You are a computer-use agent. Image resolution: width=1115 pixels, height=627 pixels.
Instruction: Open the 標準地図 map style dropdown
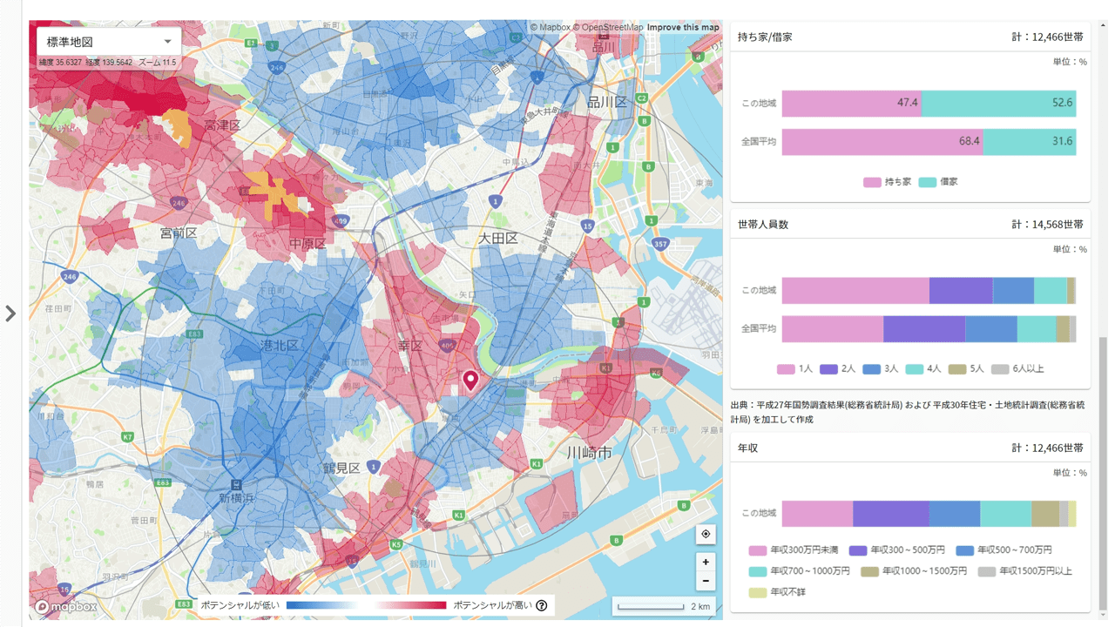click(109, 42)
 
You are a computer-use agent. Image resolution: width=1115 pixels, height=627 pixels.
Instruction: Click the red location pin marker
click(470, 381)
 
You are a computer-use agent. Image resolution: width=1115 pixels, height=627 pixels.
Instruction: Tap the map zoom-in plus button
click(706, 562)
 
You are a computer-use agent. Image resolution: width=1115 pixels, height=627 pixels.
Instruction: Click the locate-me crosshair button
click(706, 534)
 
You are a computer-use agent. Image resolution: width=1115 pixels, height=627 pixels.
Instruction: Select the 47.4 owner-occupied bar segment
click(851, 103)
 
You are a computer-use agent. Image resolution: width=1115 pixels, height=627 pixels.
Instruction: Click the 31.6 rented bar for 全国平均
click(1030, 141)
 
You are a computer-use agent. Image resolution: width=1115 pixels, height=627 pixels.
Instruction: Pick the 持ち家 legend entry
click(886, 182)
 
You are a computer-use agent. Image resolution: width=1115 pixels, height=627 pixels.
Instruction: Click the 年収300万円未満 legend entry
click(794, 550)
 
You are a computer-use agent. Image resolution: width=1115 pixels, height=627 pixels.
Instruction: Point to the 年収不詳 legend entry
click(782, 592)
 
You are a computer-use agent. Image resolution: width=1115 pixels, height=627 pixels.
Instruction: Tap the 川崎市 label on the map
click(589, 453)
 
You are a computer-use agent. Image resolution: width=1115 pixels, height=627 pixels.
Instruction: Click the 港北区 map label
click(280, 346)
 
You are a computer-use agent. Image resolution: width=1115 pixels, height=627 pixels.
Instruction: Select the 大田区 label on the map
click(498, 238)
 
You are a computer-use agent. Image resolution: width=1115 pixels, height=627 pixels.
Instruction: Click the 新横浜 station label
click(236, 497)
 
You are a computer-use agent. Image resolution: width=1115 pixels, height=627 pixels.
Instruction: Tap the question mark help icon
click(542, 605)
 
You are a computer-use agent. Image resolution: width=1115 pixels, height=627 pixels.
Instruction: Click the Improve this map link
click(683, 27)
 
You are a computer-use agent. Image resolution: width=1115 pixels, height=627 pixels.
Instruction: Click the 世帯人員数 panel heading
click(763, 225)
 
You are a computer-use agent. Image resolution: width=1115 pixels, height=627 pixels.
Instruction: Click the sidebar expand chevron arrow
click(10, 313)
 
